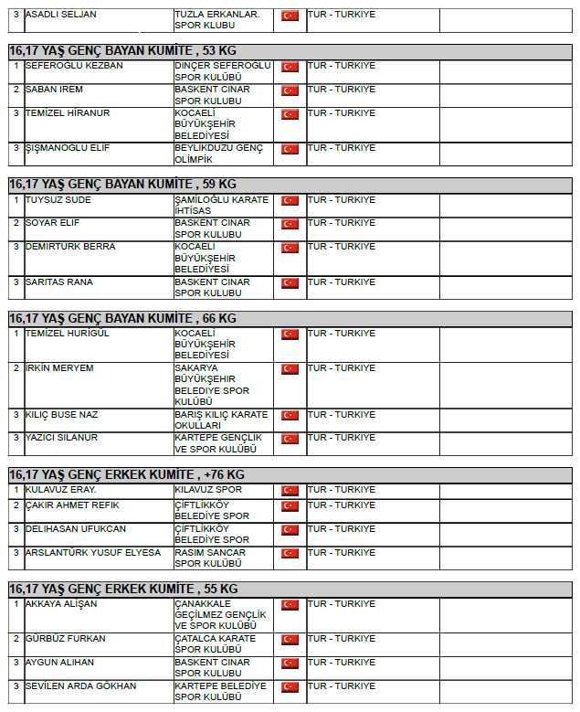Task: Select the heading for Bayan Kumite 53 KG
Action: (x=123, y=51)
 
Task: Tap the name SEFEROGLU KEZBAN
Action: (x=75, y=66)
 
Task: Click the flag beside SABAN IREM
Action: (x=290, y=90)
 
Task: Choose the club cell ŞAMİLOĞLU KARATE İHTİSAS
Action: (x=221, y=206)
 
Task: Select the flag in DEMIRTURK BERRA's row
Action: (x=290, y=248)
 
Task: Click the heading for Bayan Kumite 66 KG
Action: (x=123, y=318)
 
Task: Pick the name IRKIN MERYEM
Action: (x=59, y=368)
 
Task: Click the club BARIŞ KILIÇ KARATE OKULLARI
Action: (x=221, y=420)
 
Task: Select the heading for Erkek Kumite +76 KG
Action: (x=127, y=475)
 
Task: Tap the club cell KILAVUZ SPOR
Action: (x=207, y=490)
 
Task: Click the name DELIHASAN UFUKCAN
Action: (x=76, y=529)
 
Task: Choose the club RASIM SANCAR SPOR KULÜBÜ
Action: (x=210, y=558)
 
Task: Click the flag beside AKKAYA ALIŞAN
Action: (x=290, y=605)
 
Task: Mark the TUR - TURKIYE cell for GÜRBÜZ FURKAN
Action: (x=342, y=639)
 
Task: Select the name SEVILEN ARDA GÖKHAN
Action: (x=81, y=686)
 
